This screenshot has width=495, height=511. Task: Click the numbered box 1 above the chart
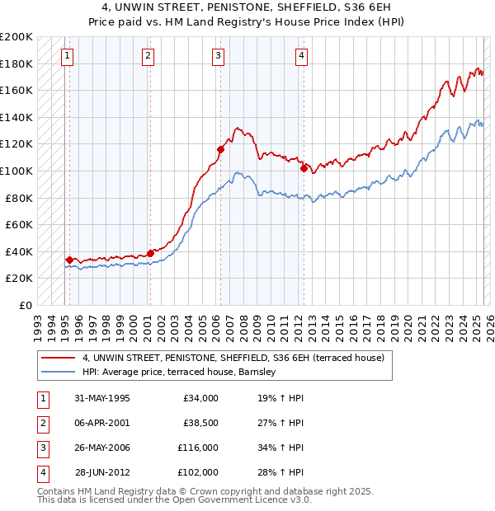point(66,56)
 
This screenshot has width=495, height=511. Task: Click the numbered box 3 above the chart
point(218,56)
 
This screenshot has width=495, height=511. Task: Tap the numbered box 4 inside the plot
point(302,56)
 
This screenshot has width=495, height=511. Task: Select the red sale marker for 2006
point(220,149)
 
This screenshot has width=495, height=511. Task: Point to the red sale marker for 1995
point(69,260)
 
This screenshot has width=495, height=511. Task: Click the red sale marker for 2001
point(150,253)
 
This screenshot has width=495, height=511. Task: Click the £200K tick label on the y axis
point(16,37)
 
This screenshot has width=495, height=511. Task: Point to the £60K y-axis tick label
point(19,224)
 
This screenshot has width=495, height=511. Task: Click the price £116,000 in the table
point(197,448)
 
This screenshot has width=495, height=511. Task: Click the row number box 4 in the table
point(42,472)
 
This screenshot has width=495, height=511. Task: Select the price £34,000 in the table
point(200,398)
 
